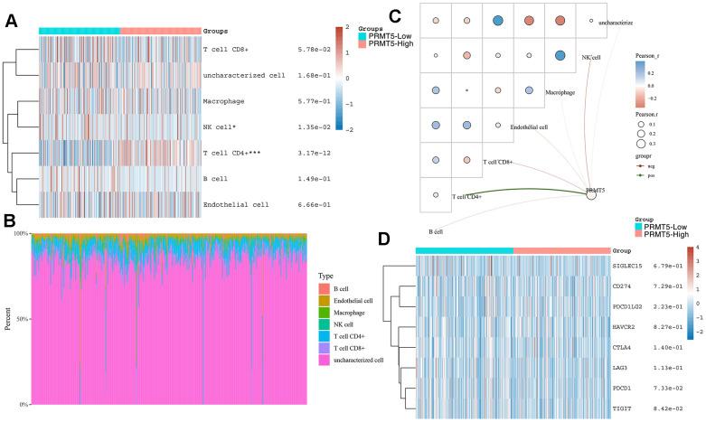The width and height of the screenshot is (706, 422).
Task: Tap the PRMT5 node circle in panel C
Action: tap(591, 195)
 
